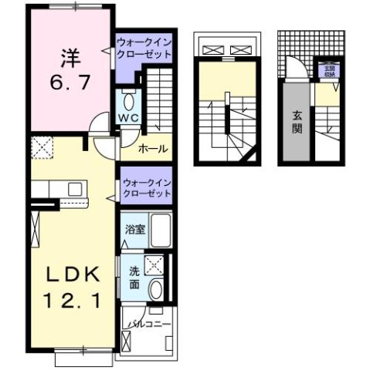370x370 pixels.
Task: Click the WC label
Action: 128,119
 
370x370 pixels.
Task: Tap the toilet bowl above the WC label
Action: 129,101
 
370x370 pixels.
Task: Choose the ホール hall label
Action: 154,149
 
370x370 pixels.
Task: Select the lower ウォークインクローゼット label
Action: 145,187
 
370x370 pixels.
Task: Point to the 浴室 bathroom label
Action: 134,230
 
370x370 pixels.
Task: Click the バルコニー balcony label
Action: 149,325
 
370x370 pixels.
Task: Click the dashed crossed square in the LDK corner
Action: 42,146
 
